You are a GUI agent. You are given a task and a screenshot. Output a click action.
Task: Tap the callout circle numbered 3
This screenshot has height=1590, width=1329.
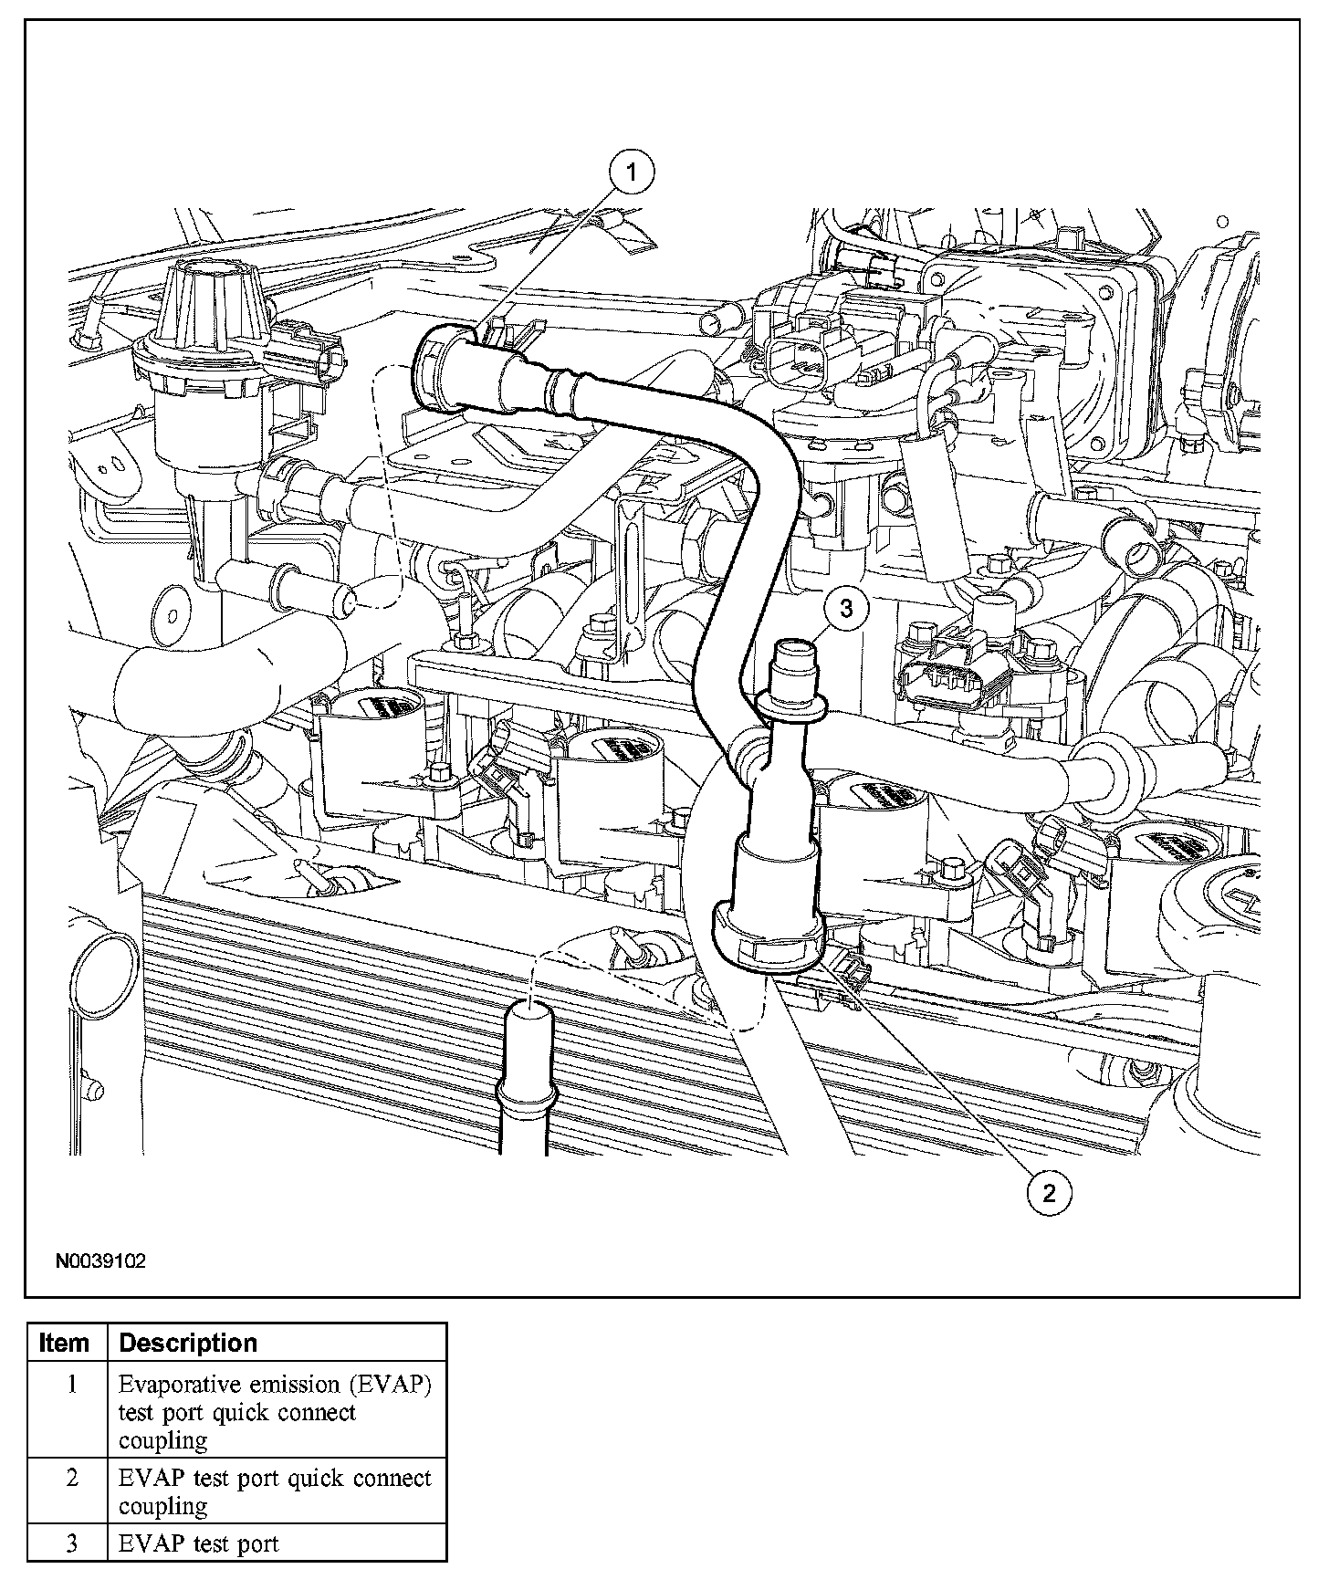tap(846, 608)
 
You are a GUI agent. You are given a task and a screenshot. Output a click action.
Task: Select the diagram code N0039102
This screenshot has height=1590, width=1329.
tap(100, 1261)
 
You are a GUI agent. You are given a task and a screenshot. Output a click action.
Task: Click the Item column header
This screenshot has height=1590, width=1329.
tap(67, 1343)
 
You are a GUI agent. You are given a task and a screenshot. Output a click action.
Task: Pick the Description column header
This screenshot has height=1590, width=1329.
tap(188, 1343)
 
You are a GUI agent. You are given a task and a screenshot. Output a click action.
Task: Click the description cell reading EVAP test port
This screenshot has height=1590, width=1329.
tap(198, 1544)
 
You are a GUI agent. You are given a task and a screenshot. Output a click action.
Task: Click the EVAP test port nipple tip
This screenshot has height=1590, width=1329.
tap(792, 651)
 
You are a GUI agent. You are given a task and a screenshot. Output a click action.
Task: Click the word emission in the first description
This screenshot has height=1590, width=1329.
tap(290, 1385)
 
